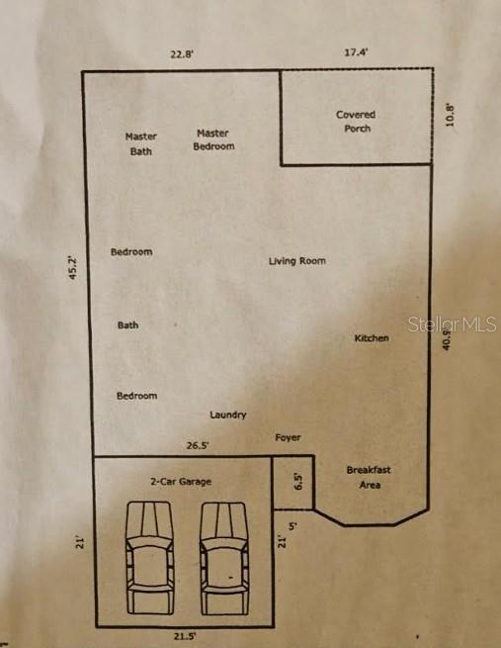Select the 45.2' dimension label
click(72, 268)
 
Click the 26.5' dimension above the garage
click(197, 446)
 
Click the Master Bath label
click(141, 144)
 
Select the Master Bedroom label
click(212, 139)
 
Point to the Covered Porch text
click(356, 121)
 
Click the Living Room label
click(297, 261)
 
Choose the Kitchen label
click(372, 338)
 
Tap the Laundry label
click(228, 416)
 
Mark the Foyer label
click(288, 437)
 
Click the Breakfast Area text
click(369, 478)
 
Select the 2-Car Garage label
click(181, 482)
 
